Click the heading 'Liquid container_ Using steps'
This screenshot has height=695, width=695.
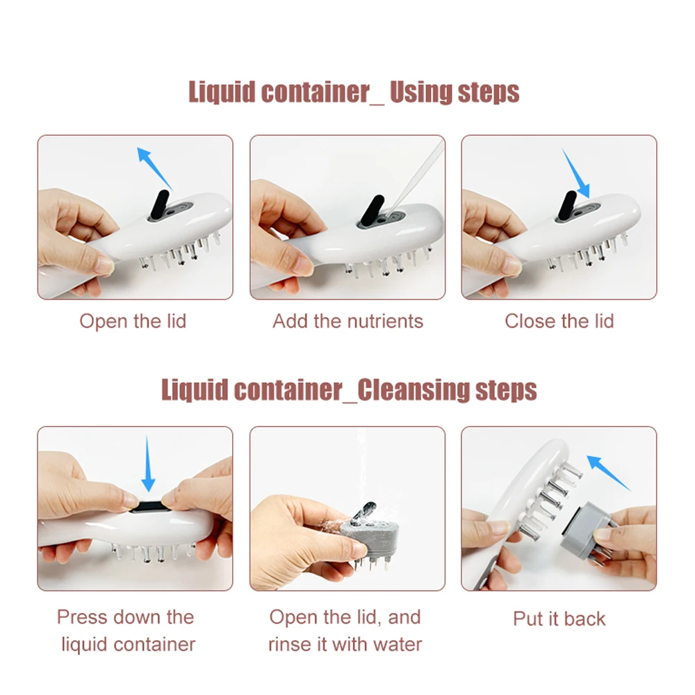tap(354, 92)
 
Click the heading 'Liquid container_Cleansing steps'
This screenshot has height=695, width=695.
tap(349, 390)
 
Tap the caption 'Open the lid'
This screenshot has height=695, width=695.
tap(133, 321)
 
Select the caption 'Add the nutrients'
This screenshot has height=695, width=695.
tap(347, 321)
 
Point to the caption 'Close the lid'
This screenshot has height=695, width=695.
tap(559, 321)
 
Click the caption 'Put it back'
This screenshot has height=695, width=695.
tap(559, 619)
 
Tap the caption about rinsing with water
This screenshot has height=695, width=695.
tap(345, 630)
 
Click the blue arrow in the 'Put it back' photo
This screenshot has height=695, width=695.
tap(608, 472)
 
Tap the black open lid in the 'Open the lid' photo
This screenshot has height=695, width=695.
tap(161, 202)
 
